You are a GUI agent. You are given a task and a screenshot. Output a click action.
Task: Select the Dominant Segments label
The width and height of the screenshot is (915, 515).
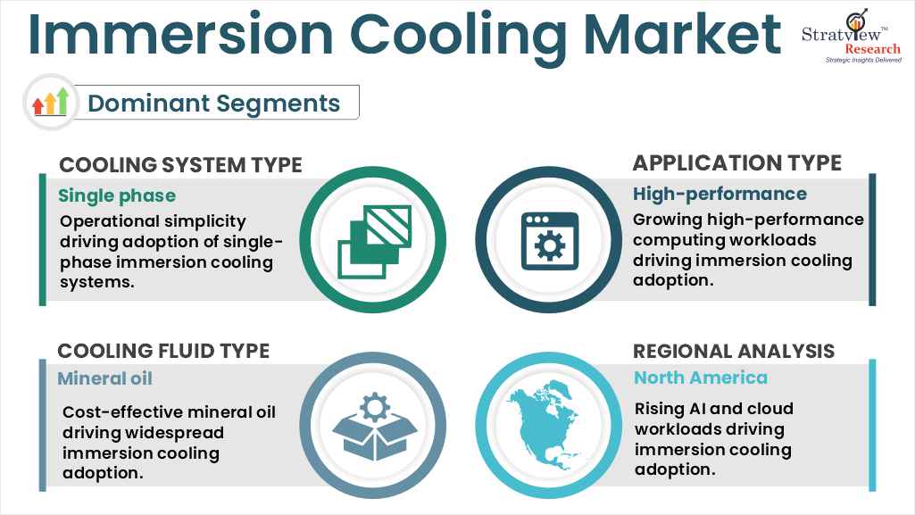click(214, 104)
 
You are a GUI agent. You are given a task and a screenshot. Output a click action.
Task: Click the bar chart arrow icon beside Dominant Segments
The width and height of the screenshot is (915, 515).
click(50, 102)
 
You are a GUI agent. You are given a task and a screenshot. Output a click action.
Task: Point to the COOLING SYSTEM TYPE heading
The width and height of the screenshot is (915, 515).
click(180, 165)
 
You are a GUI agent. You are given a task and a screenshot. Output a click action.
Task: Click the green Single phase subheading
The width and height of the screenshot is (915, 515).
click(117, 195)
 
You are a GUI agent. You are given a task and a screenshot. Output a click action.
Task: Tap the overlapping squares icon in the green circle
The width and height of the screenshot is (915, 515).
click(374, 239)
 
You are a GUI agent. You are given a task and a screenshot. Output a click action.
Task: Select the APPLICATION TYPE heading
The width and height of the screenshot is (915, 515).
click(736, 162)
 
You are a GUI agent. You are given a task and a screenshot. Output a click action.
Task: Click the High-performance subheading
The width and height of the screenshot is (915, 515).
click(720, 194)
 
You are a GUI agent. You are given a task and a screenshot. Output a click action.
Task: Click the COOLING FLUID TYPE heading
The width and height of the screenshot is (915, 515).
click(163, 351)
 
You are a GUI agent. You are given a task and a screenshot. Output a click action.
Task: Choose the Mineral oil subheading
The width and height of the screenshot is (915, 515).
click(105, 378)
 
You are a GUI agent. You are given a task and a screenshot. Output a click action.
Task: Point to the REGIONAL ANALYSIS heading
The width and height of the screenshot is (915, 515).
click(734, 351)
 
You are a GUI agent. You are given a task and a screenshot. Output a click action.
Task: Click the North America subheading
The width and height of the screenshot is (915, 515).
click(701, 378)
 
